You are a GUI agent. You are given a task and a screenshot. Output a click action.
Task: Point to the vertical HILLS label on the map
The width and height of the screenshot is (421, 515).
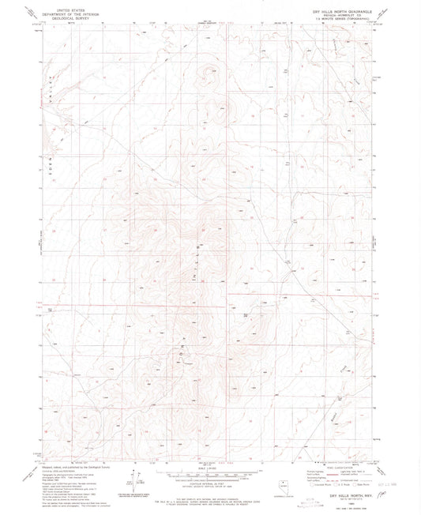(196, 255)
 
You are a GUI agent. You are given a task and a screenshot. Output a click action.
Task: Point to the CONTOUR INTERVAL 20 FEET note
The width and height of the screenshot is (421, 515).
(210, 479)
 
